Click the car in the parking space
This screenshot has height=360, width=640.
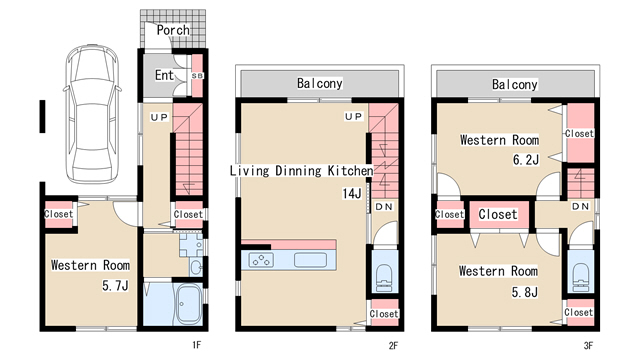pos(93,113)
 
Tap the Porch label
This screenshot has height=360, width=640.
pos(173,30)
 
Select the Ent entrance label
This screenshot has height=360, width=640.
pos(164,75)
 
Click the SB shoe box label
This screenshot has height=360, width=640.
pos(197,76)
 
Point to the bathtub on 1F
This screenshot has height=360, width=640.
pos(188,304)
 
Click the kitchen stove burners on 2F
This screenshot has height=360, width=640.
pos(262,260)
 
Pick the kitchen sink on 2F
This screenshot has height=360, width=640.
pos(310,260)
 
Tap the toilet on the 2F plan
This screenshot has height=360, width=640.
pos(384,278)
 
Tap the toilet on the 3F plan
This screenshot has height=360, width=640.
pos(580,278)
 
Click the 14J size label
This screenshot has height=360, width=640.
pos(352,193)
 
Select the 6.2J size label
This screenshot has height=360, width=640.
pos(526,159)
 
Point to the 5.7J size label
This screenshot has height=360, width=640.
pos(115,285)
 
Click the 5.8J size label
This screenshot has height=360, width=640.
pos(524,292)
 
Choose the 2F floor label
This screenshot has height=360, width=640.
pos(393,346)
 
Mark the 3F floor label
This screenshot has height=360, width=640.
pos(588,346)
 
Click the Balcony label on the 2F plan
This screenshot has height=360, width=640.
pos(320,83)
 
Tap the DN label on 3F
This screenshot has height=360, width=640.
pos(580,207)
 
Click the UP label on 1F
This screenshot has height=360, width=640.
pos(159,118)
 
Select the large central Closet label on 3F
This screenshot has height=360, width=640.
pos(498,214)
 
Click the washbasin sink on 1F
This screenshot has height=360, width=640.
pos(196,267)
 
